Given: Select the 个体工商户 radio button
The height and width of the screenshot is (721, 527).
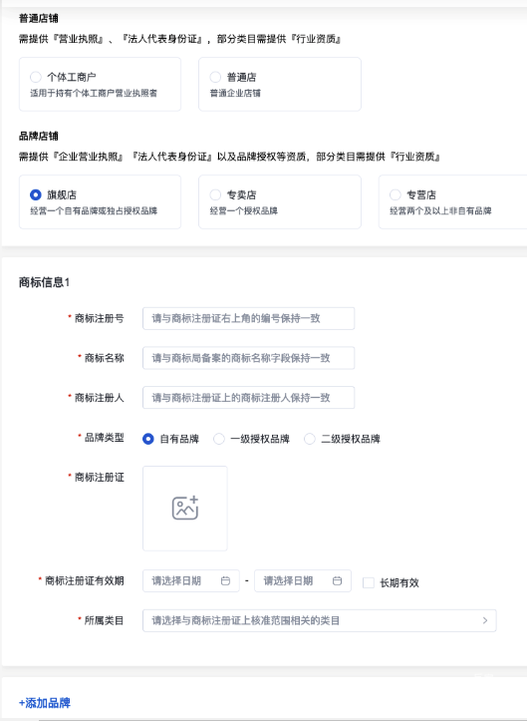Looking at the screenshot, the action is pyautogui.click(x=36, y=77).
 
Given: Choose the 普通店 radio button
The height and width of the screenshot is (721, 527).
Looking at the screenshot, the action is pyautogui.click(x=215, y=77).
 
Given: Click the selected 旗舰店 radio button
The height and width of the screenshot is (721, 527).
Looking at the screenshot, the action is pyautogui.click(x=36, y=195).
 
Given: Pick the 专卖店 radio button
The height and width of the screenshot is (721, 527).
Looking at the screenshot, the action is pyautogui.click(x=215, y=195).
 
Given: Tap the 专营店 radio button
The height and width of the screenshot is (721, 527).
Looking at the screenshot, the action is pyautogui.click(x=395, y=195).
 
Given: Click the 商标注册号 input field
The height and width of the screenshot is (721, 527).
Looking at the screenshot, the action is pyautogui.click(x=249, y=318).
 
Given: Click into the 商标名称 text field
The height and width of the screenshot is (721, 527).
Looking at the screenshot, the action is pyautogui.click(x=249, y=358).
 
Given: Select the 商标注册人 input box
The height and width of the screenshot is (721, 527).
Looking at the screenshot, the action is pyautogui.click(x=249, y=398).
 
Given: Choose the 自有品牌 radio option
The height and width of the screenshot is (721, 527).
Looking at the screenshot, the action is pyautogui.click(x=148, y=439).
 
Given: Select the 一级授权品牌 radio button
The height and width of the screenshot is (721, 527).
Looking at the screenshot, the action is pyautogui.click(x=219, y=439).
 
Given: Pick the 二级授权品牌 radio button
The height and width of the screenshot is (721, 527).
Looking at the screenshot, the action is pyautogui.click(x=310, y=439).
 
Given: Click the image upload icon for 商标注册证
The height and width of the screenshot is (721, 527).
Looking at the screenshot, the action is pyautogui.click(x=185, y=509).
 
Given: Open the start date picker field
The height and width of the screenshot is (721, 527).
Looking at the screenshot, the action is pyautogui.click(x=190, y=580).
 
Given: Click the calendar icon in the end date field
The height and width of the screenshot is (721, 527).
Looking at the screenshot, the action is pyautogui.click(x=337, y=580).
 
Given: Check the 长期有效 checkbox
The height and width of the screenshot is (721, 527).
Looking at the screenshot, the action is pyautogui.click(x=369, y=582).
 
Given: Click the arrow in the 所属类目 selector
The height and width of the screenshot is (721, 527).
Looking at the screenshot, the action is pyautogui.click(x=485, y=620).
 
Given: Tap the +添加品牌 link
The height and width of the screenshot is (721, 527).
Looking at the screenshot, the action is pyautogui.click(x=45, y=703).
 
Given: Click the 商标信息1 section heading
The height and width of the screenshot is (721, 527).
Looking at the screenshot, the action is pyautogui.click(x=44, y=282).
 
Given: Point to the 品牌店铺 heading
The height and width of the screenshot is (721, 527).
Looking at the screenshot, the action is pyautogui.click(x=39, y=136).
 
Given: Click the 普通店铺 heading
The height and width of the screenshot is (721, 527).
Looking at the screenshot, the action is pyautogui.click(x=39, y=18).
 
